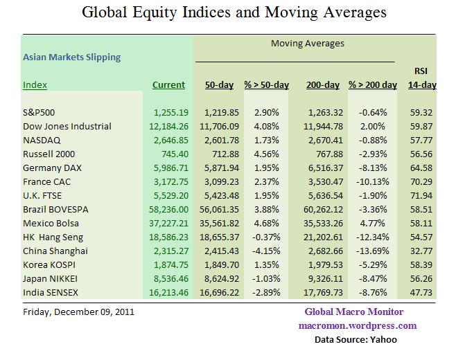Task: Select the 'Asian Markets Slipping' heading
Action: click(x=72, y=57)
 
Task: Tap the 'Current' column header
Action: click(x=169, y=85)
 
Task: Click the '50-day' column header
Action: click(x=219, y=85)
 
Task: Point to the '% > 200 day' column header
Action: click(x=372, y=85)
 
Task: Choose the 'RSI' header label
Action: click(x=421, y=71)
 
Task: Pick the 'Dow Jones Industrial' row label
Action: click(x=67, y=126)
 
